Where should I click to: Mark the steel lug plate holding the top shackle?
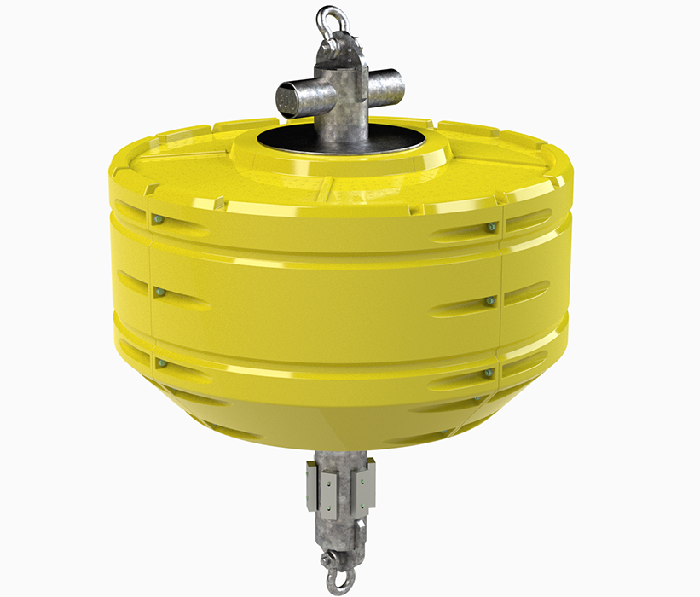333,51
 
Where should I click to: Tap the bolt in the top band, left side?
159,221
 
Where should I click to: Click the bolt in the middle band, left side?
158,293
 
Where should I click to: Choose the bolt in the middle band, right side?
490,300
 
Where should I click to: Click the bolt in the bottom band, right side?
489,373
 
